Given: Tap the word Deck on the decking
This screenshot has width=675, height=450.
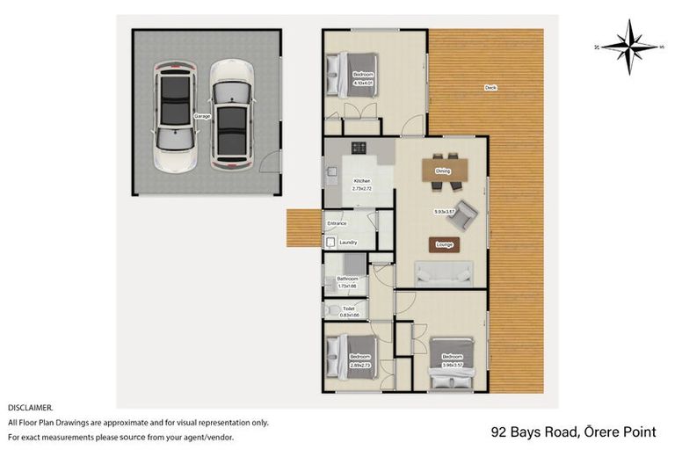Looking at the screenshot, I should (490, 87).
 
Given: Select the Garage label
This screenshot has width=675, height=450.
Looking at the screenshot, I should (200, 116).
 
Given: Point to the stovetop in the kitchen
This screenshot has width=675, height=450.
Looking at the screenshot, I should (359, 147).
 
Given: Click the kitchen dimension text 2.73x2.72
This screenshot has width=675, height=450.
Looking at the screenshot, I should (362, 188).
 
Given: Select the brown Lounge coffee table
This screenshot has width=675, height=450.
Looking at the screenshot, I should (445, 244).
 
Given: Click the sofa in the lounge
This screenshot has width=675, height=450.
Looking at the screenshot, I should (445, 274).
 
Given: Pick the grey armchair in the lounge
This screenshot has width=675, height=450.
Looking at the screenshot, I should (467, 212).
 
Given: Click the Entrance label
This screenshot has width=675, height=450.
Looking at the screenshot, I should (337, 223).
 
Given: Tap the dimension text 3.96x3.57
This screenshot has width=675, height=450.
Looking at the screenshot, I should (453, 362).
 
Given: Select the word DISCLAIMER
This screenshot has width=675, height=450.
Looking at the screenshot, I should (30, 408).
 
